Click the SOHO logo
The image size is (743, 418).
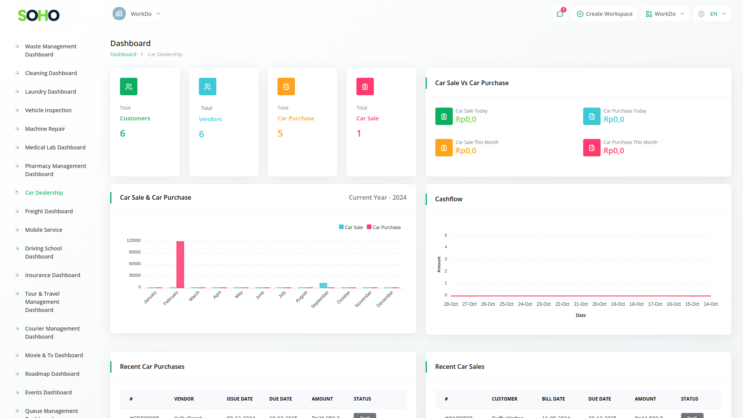tap(39, 15)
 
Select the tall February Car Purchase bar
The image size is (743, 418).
tap(180, 264)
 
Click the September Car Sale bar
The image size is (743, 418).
tap(323, 286)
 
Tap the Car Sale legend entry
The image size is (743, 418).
tap(351, 227)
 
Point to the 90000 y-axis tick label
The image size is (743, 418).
tap(135, 252)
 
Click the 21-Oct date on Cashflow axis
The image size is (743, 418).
tap(580, 304)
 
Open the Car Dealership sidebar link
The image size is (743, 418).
tap(44, 193)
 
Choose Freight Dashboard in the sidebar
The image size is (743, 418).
tap(49, 211)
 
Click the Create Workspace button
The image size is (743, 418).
tap(604, 14)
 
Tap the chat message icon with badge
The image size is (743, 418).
tap(560, 14)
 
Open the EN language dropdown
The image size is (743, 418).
tap(712, 14)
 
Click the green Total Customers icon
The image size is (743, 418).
tap(128, 87)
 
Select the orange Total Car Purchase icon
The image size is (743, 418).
tap(286, 87)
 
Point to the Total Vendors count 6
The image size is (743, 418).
tap(201, 134)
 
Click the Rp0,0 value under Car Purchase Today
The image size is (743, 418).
tap(614, 119)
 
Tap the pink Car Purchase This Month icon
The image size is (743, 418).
tap(592, 148)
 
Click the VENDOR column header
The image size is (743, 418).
tap(184, 399)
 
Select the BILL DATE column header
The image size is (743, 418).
tap(553, 399)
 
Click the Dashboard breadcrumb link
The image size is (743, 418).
tap(123, 55)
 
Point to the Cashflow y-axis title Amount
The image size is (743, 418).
tap(439, 264)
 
